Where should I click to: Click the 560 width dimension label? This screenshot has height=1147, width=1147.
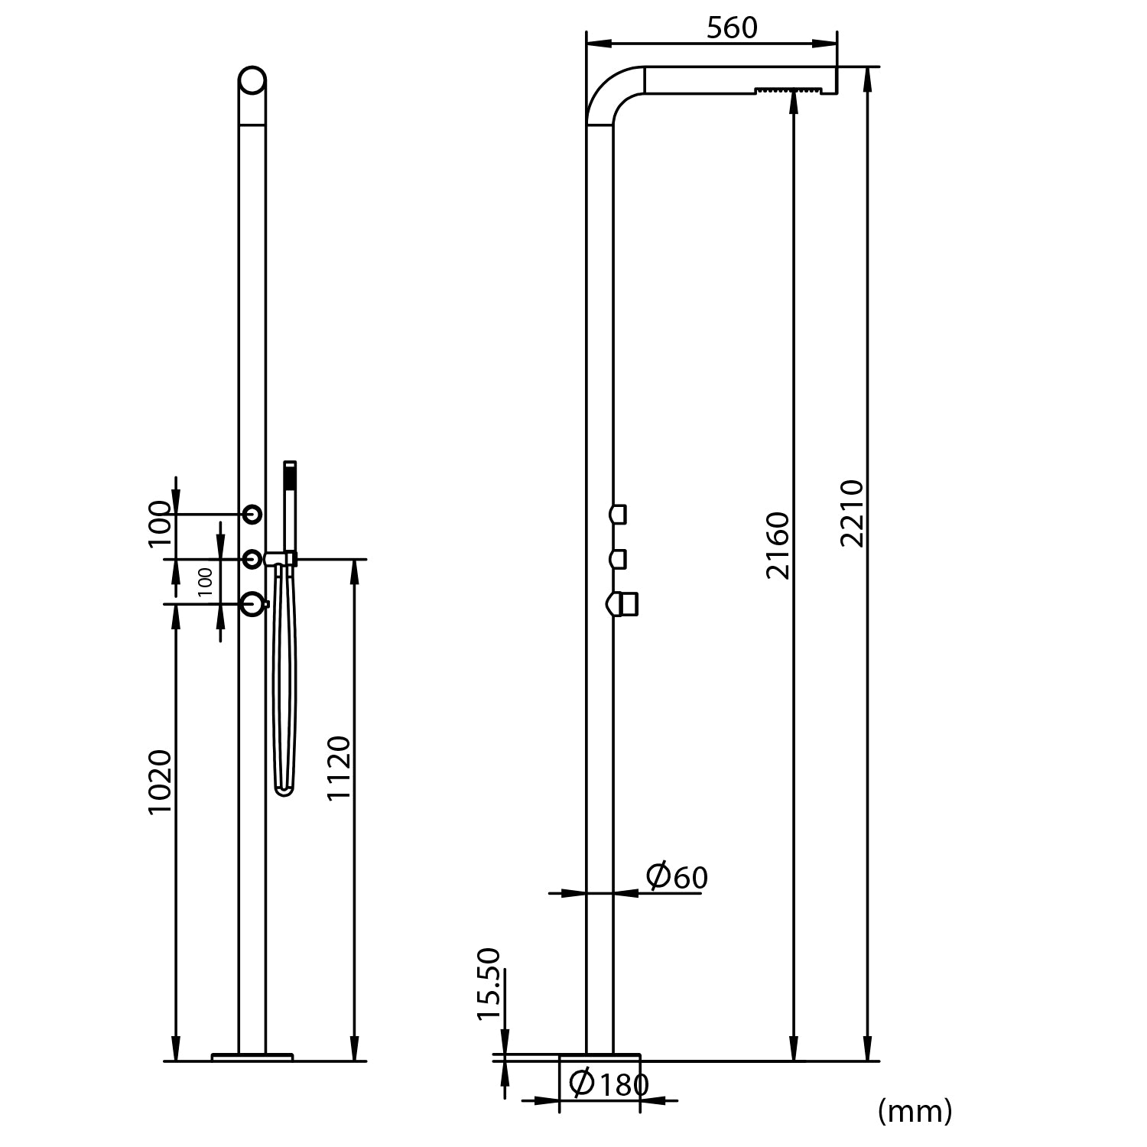tap(732, 28)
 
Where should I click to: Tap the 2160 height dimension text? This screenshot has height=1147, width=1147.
tap(778, 545)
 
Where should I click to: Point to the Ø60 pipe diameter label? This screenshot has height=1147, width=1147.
tap(677, 876)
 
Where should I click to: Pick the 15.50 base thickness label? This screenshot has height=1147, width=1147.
tap(489, 983)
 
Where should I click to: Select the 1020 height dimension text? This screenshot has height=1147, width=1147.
tap(160, 782)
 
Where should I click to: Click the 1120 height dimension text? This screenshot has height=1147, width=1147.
tap(338, 768)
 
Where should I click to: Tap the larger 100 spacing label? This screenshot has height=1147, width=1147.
tap(160, 523)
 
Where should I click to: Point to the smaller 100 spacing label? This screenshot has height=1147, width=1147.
tap(205, 582)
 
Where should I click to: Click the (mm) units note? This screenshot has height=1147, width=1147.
tap(915, 1110)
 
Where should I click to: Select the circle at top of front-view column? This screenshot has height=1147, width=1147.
tap(252, 80)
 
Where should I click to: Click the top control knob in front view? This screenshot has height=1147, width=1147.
tap(252, 515)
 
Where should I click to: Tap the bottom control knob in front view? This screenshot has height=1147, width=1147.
tap(252, 604)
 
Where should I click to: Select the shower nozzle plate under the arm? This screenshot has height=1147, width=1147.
tap(789, 91)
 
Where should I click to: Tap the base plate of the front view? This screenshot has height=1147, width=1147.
tap(252, 1057)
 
